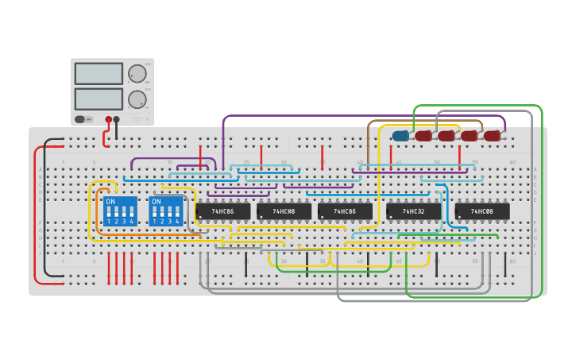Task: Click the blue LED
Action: pyautogui.click(x=400, y=136)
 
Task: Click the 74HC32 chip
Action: pyautogui.click(x=413, y=211)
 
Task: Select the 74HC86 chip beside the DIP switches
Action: pyautogui.click(x=222, y=211)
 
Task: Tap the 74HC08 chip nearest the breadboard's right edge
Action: pyautogui.click(x=482, y=211)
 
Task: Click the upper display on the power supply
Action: pyautogui.click(x=99, y=73)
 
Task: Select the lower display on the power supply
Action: pyautogui.click(x=99, y=99)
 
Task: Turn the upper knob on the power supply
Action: pyautogui.click(x=137, y=73)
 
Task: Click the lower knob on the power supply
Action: pyautogui.click(x=137, y=99)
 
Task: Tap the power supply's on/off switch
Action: pyautogui.click(x=80, y=119)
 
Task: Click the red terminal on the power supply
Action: pyautogui.click(x=109, y=119)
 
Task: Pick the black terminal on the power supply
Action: pyautogui.click(x=117, y=119)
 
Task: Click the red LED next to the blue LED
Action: pyautogui.click(x=423, y=136)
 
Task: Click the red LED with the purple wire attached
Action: pyautogui.click(x=493, y=136)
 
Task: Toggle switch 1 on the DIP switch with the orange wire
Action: pyautogui.click(x=109, y=212)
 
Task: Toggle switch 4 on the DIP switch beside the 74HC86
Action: pyautogui.click(x=177, y=212)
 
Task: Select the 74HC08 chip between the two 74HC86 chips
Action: pyautogui.click(x=284, y=211)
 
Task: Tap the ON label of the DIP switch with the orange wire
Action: pyautogui.click(x=110, y=202)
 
